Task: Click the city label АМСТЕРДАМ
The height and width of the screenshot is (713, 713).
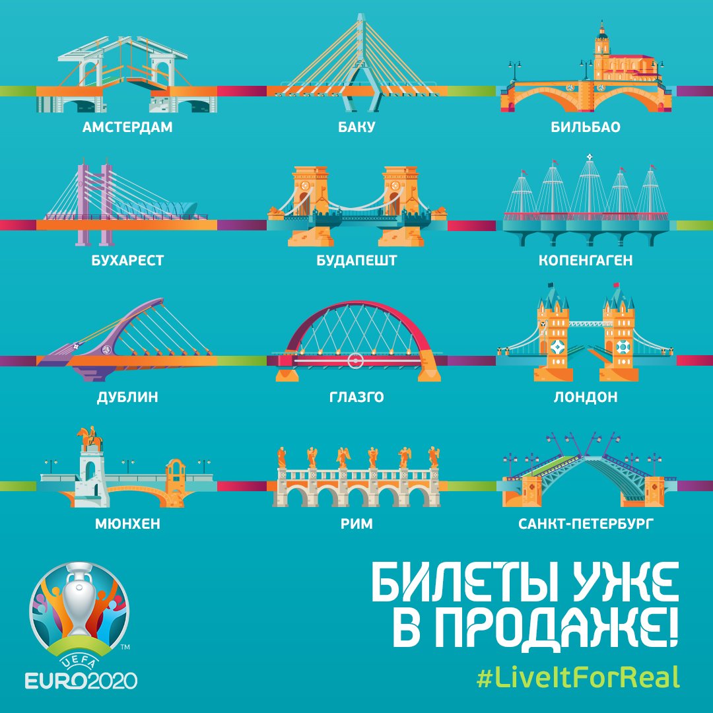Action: [x=127, y=127]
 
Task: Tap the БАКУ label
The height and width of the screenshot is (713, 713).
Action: [x=356, y=127]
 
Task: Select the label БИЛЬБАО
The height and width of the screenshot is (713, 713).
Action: [x=586, y=127]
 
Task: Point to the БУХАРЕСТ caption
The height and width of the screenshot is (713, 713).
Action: [x=127, y=261]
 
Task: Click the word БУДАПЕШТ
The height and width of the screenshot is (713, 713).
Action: [x=356, y=261]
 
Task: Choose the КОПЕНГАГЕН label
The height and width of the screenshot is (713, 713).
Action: [x=586, y=261]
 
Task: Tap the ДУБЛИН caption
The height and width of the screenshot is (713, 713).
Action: [x=127, y=397]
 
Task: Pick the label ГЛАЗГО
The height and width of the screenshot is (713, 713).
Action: [x=356, y=397]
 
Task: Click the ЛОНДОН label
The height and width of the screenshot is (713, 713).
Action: [x=586, y=397]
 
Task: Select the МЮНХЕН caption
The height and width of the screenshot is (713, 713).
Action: [x=127, y=525]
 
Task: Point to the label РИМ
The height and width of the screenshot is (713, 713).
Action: [x=356, y=525]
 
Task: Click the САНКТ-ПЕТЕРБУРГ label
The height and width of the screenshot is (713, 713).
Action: [x=586, y=525]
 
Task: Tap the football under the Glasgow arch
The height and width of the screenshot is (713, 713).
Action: [x=355, y=360]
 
